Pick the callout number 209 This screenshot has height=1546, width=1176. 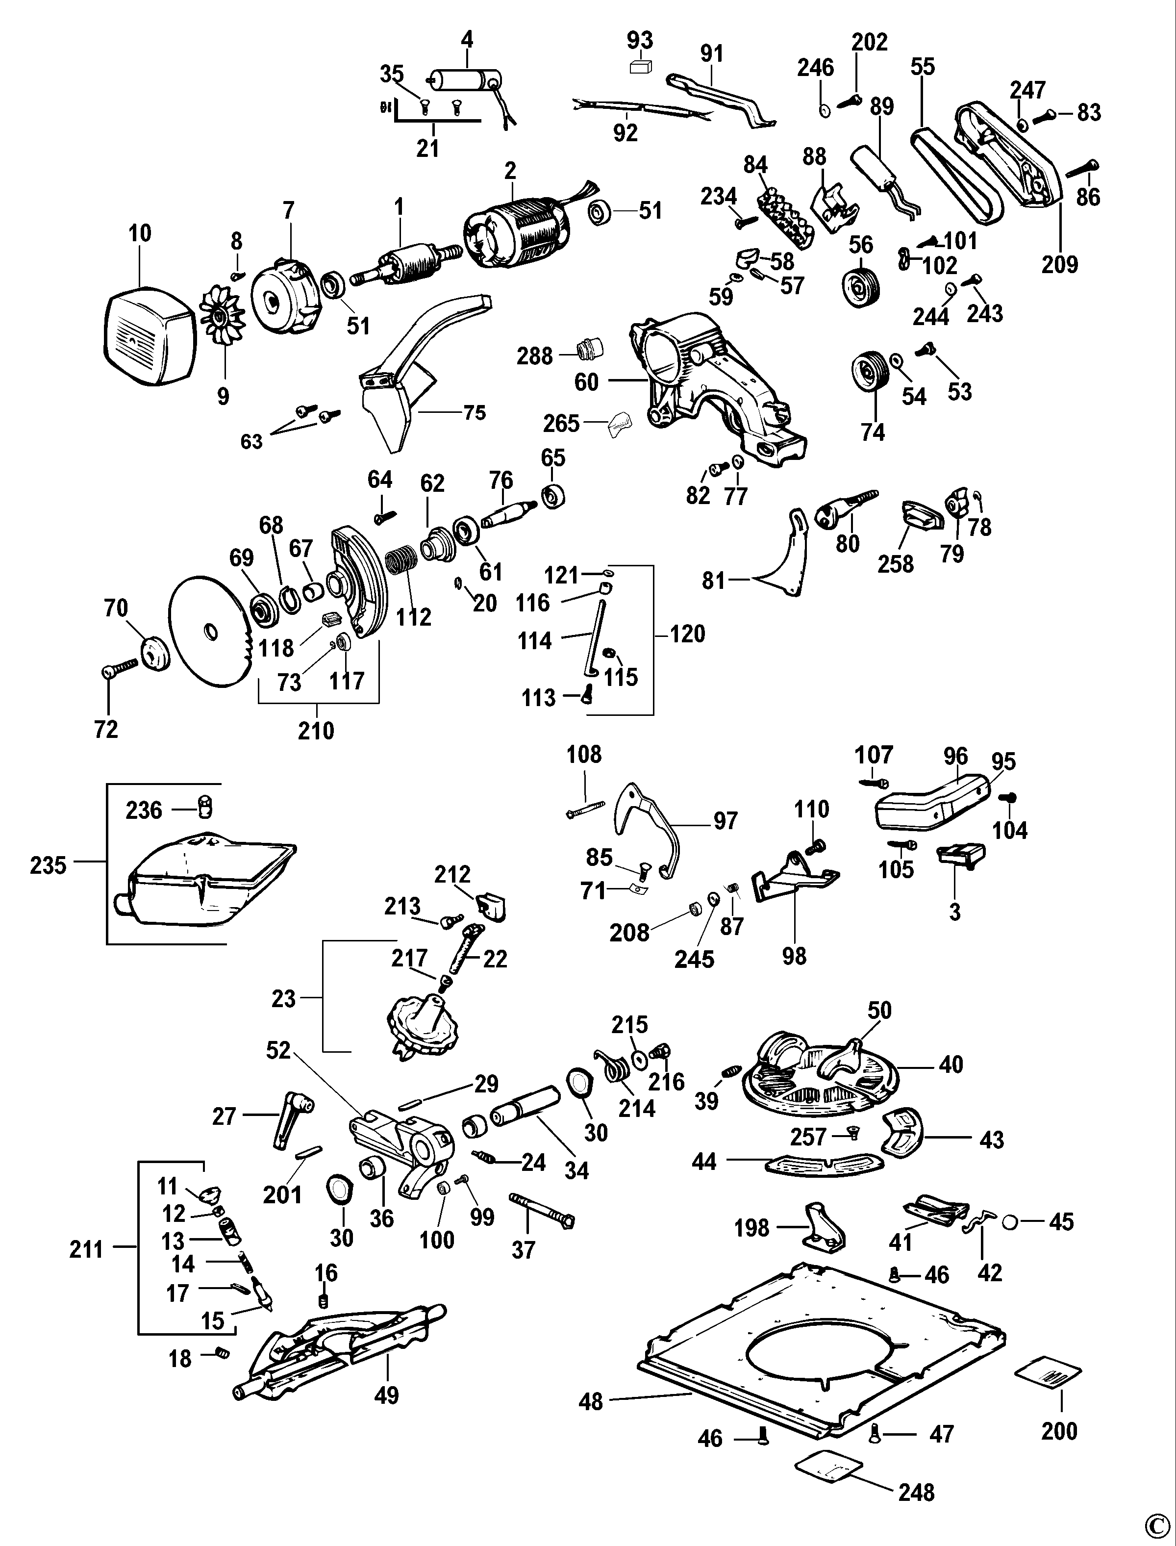1059,265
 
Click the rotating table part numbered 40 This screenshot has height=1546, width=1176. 826,1082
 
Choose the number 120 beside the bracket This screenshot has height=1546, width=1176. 687,634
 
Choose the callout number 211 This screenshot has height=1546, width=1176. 86,1250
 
